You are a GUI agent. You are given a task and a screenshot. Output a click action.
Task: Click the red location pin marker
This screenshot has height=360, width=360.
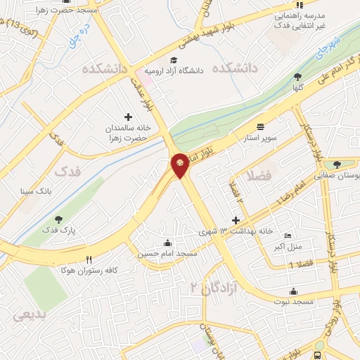tap(180, 165)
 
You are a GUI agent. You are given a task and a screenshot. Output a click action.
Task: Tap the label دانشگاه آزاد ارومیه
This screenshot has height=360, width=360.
tap(173, 70)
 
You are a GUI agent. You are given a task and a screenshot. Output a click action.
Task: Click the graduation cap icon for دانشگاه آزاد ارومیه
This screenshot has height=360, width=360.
tap(174, 60)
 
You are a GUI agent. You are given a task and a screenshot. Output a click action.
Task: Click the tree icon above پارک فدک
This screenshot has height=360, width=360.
tap(58, 219)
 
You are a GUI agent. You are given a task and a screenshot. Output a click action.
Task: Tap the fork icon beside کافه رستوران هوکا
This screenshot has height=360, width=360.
tap(89, 259)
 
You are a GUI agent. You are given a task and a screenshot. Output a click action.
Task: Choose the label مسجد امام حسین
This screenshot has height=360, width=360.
tap(166, 252)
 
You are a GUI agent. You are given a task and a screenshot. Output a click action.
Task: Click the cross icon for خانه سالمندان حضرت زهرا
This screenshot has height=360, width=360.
tap(128, 117)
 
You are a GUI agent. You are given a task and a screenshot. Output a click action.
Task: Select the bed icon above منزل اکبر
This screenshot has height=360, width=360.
tap(286, 236)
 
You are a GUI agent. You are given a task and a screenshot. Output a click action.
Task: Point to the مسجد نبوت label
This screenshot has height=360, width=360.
tap(293, 301)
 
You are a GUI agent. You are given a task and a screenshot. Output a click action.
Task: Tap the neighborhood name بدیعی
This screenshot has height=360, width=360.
tap(29, 315)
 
